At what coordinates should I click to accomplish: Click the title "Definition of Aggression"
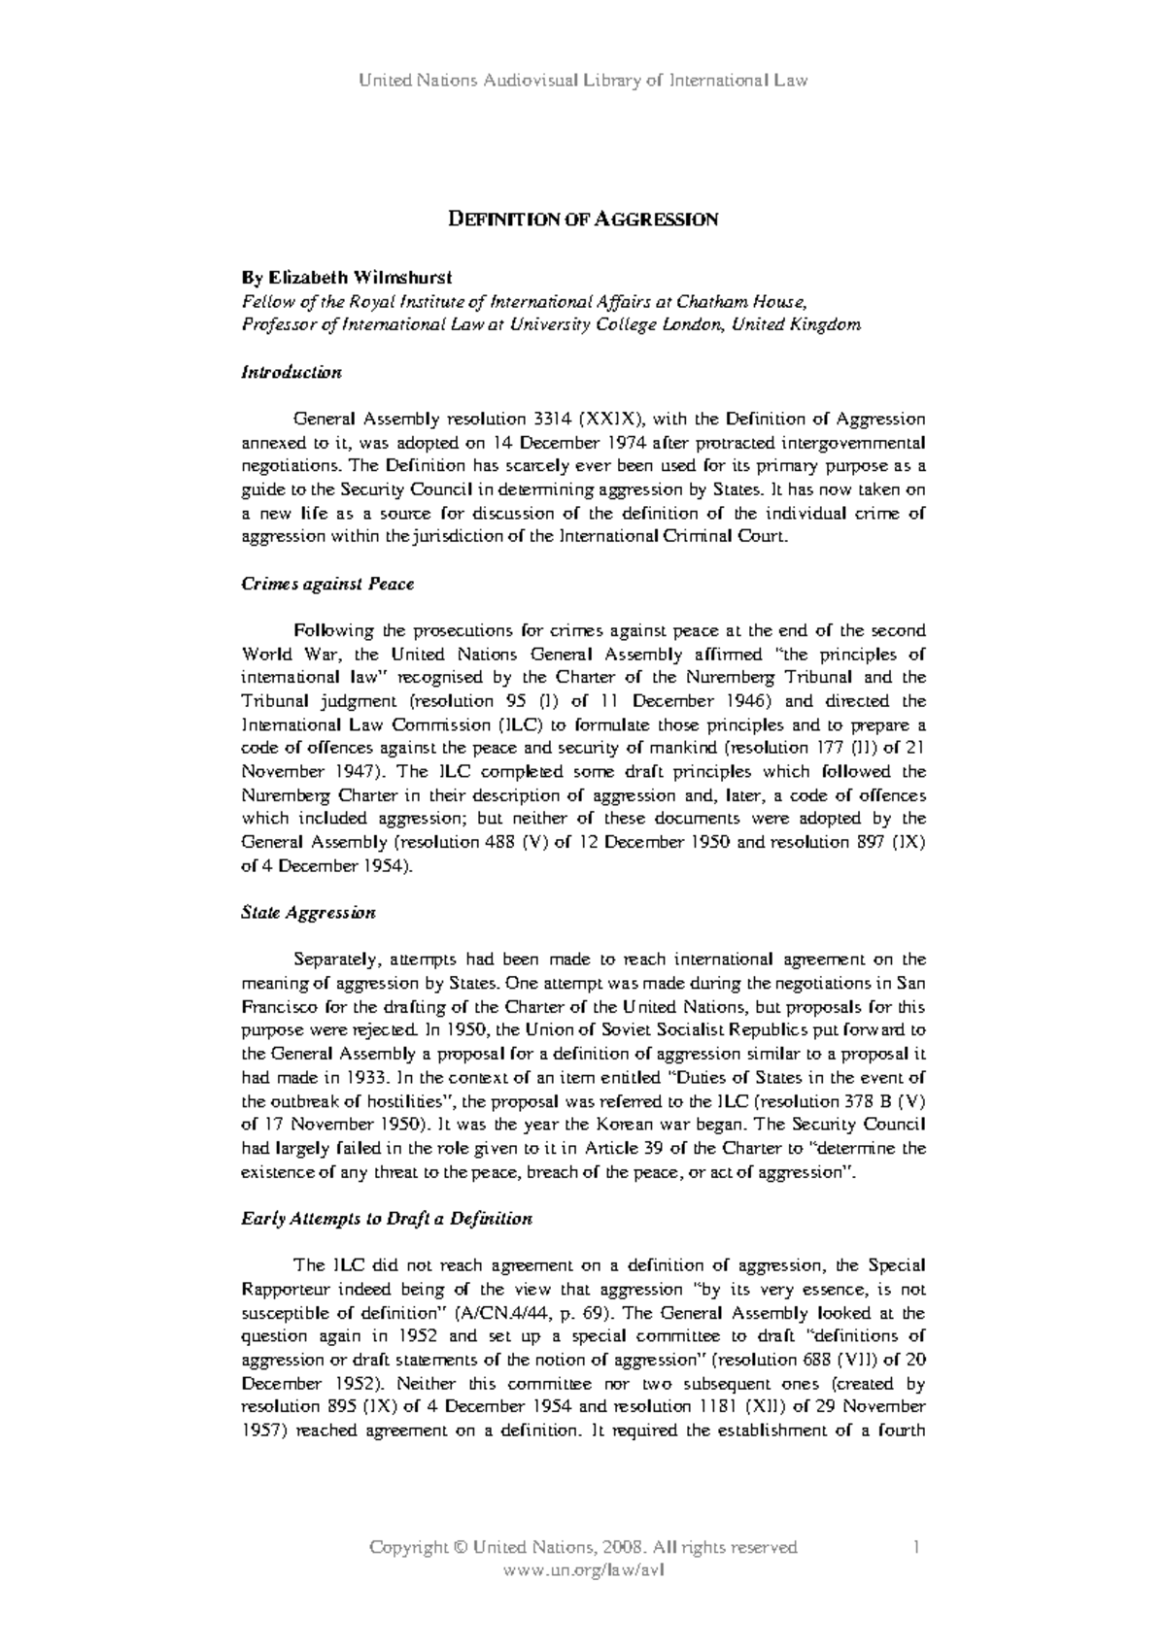[582, 219]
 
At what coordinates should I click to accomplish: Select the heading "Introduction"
[291, 372]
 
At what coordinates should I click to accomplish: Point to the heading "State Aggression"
[307, 913]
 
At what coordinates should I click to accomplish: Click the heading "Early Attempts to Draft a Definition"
[386, 1219]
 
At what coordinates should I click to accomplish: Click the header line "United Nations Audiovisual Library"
[583, 81]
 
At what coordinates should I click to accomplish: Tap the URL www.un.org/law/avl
[583, 1569]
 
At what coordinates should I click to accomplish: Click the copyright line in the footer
[583, 1547]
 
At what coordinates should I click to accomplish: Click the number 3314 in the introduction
[554, 420]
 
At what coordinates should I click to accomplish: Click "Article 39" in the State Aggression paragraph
[595, 1148]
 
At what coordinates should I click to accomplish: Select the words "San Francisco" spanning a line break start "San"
[910, 983]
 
